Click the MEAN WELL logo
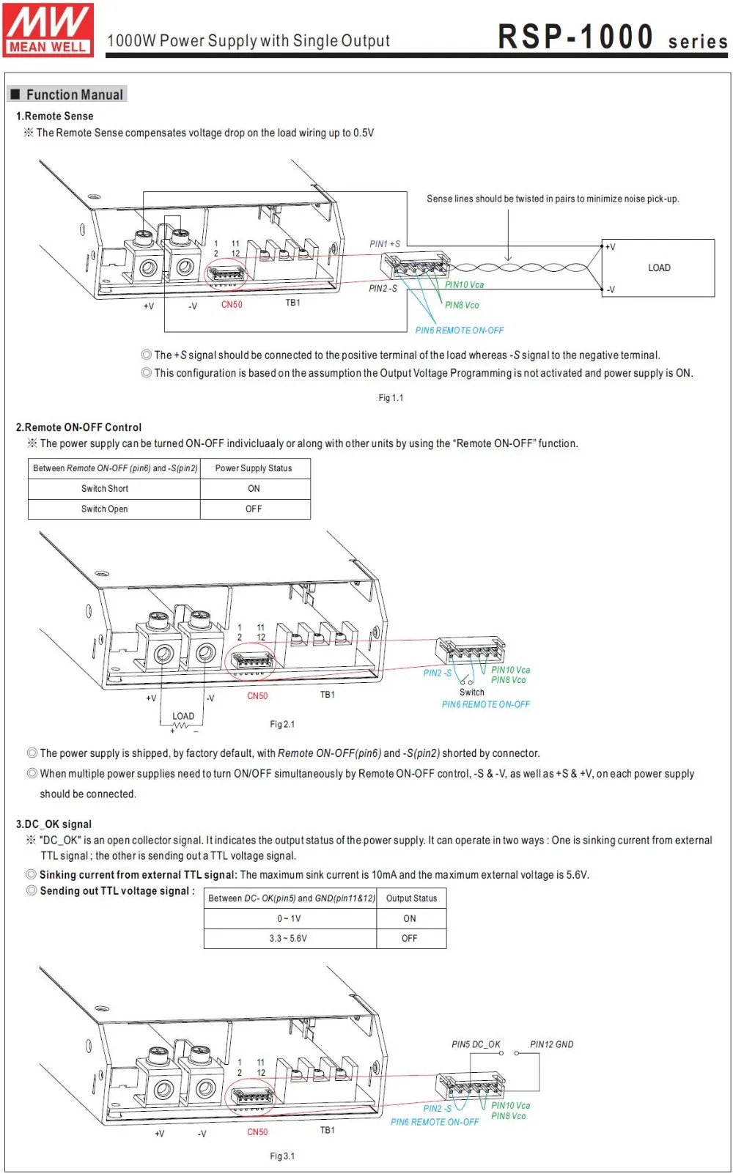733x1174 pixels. pos(48,29)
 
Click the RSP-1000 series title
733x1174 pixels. pos(612,37)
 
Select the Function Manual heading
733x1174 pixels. pos(74,95)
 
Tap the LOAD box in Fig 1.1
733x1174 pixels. pos(658,267)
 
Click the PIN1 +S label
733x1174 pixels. pos(385,243)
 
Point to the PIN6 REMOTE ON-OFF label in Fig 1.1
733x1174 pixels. pos(460,331)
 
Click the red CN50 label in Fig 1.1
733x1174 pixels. pos(232,304)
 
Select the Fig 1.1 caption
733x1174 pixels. pos(391,398)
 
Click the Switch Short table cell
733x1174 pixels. pos(105,489)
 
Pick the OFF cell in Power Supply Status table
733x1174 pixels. pos(254,509)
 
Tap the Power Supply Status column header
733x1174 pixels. pos(254,468)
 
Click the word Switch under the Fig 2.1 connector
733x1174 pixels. pos(472,692)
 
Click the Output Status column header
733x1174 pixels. pos(411,898)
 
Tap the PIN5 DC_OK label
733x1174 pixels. pos(476,1044)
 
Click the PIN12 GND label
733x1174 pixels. pos(551,1044)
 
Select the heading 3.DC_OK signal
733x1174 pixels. pos(54,824)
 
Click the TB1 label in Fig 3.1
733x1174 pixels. pos(327,1130)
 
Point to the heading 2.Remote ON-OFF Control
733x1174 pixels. pos(79,427)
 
